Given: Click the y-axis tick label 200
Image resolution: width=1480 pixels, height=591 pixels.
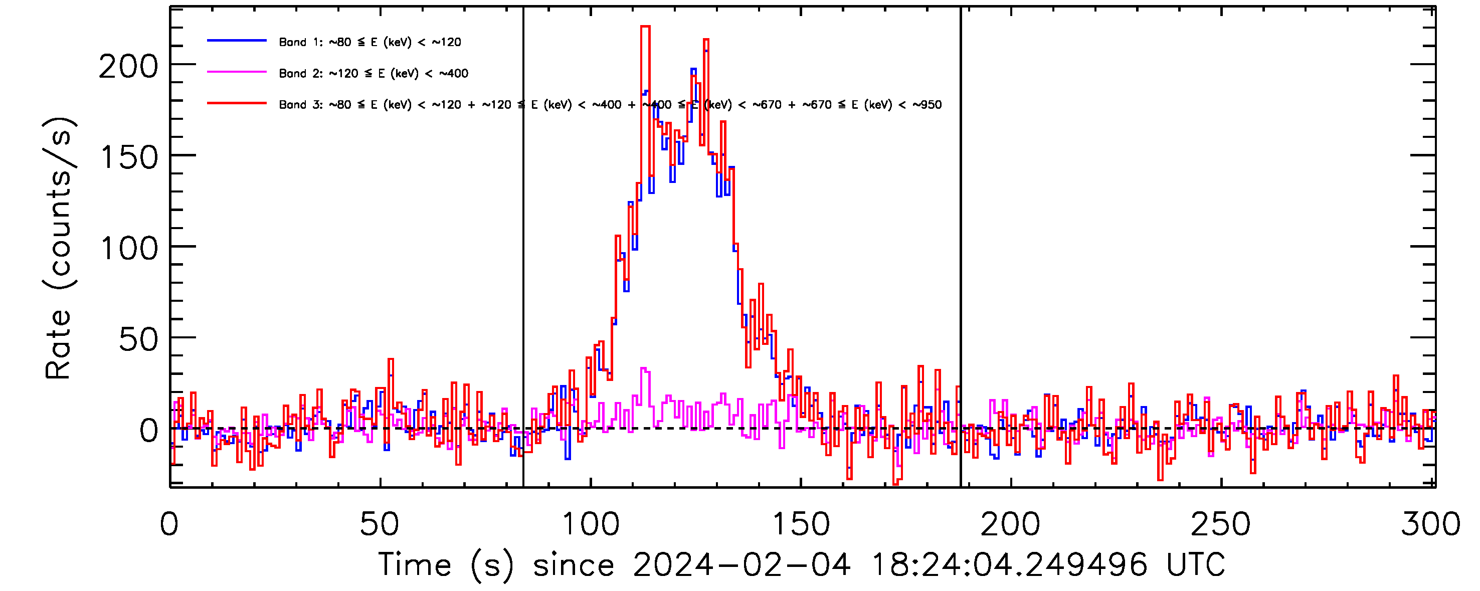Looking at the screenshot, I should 128,67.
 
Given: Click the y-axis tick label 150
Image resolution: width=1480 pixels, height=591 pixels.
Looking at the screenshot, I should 129,157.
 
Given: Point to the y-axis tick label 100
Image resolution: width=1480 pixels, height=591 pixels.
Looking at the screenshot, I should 129,249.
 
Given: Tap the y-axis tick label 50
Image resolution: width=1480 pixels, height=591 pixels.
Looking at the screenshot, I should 138,339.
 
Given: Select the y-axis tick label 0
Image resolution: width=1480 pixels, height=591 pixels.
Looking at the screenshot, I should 148,431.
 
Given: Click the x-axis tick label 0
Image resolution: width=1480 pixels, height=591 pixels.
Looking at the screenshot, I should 169,524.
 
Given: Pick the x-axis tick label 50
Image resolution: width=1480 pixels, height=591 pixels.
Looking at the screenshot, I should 379,524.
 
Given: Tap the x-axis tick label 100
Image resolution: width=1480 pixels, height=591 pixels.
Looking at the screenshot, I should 590,524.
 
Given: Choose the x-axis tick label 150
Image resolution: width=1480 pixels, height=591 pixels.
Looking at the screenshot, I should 800,524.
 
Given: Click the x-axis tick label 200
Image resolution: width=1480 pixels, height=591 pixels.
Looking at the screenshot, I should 1010,524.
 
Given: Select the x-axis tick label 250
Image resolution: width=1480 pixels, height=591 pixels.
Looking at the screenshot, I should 1220,524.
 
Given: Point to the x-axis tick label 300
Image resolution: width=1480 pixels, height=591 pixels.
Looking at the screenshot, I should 1430,524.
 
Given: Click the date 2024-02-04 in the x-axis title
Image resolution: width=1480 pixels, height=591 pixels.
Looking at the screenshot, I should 741,564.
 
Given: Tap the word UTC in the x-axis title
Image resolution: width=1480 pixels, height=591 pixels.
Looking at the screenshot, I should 1196,564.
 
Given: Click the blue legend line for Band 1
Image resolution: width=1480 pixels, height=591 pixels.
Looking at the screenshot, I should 237,41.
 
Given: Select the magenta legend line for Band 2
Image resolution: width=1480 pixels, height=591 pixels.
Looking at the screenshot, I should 237,72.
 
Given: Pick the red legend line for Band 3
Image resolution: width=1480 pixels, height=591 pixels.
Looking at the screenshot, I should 237,103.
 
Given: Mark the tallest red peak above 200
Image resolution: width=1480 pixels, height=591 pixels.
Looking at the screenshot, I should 645,27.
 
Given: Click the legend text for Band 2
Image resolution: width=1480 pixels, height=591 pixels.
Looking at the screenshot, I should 374,74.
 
